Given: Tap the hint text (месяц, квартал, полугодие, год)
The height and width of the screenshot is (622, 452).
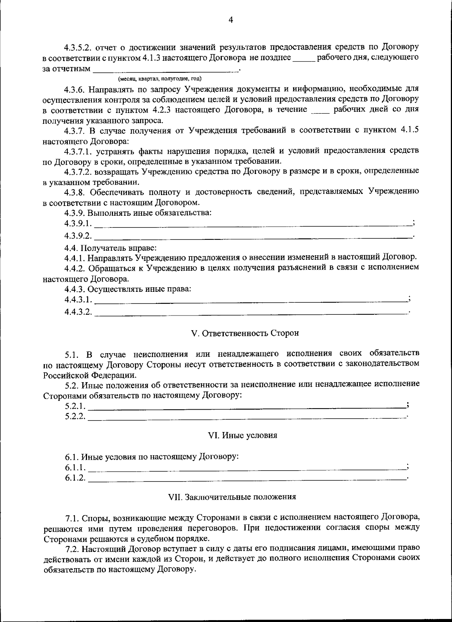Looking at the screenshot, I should [x=160, y=79].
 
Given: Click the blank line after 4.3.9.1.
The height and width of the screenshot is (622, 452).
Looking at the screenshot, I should [x=252, y=226].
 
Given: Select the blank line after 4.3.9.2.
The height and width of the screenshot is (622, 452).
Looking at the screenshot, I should [x=252, y=238].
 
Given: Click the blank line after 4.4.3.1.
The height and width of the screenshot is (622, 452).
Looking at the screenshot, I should [x=250, y=302].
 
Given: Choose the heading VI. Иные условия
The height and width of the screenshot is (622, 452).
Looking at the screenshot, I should [x=243, y=436].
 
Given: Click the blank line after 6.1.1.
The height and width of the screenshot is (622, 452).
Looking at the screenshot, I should [x=247, y=469].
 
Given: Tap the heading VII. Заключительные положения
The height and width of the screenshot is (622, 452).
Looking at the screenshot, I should [x=232, y=497].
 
